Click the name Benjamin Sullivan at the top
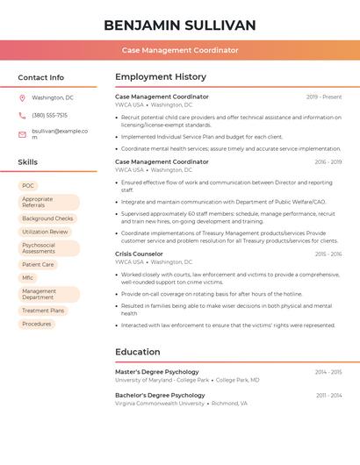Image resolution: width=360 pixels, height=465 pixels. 180,25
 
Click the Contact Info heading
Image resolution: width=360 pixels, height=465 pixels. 41,77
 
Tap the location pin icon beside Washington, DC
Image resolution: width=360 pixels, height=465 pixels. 22,97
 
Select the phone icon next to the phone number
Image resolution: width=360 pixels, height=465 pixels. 22,115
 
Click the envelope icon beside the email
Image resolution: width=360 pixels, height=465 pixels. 22,134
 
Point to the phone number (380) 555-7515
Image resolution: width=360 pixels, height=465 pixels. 49,115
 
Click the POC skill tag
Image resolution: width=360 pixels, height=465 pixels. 28,186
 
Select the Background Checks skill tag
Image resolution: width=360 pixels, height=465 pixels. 47,218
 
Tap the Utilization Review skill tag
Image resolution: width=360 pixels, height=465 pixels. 45,232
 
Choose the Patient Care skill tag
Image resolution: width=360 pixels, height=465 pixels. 38,264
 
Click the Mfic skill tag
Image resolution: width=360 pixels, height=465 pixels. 28,277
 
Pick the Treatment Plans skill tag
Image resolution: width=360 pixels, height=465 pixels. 43,311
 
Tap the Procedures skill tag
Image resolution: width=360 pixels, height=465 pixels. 37,324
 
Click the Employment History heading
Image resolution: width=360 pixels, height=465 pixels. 161,77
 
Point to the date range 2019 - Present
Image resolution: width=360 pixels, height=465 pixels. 323,97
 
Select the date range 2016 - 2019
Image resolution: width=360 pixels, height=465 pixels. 328,162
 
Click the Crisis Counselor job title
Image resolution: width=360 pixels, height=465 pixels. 139,254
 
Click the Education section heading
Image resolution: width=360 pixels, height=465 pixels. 138,352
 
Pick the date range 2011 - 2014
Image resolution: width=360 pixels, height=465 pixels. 328,396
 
